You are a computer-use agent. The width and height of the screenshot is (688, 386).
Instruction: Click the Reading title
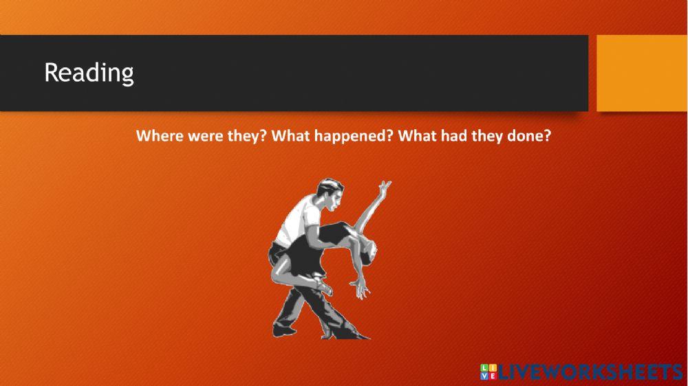click(x=89, y=73)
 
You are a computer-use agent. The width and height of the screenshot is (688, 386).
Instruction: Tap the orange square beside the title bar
click(x=642, y=73)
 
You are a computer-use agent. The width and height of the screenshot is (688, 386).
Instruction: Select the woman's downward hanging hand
click(x=361, y=288)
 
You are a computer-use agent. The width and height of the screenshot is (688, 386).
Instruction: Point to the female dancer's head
click(x=367, y=253)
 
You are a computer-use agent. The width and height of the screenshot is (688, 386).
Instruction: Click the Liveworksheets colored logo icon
click(x=488, y=372)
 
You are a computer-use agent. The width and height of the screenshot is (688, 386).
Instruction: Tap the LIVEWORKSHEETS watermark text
click(x=590, y=372)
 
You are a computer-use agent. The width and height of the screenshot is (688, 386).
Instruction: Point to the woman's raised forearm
click(x=371, y=207)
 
